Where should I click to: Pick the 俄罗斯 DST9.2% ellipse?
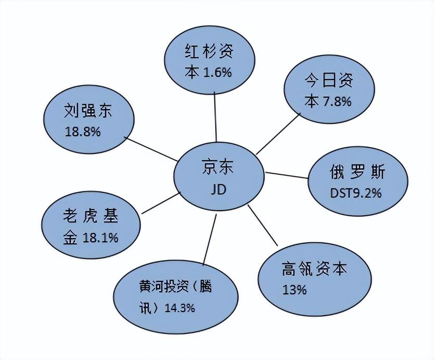point(357,182)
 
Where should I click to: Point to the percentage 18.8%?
point(83,132)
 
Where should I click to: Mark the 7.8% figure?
point(337,101)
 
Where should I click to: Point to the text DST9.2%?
point(356,193)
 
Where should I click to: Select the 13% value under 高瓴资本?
point(294,290)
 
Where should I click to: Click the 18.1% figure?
point(100,238)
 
